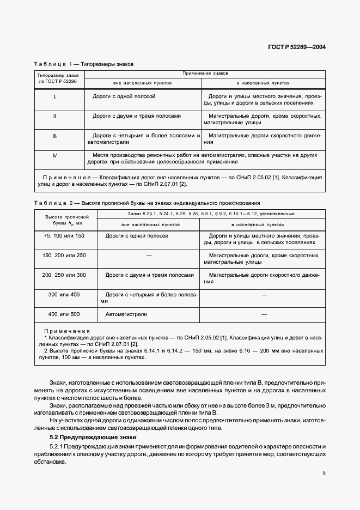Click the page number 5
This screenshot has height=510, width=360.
point(324,473)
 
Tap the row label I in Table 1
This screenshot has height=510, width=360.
point(55,96)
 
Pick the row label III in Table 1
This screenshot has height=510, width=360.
point(55,136)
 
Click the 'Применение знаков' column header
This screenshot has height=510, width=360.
point(205,72)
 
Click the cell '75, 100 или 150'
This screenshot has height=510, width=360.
point(64,235)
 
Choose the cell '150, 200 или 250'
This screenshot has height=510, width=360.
point(64,255)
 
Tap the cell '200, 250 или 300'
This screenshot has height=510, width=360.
point(64,275)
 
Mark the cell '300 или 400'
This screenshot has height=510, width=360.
point(64,294)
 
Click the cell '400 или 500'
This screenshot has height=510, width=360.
point(64,314)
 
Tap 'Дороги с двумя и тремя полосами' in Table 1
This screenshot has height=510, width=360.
point(137,116)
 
